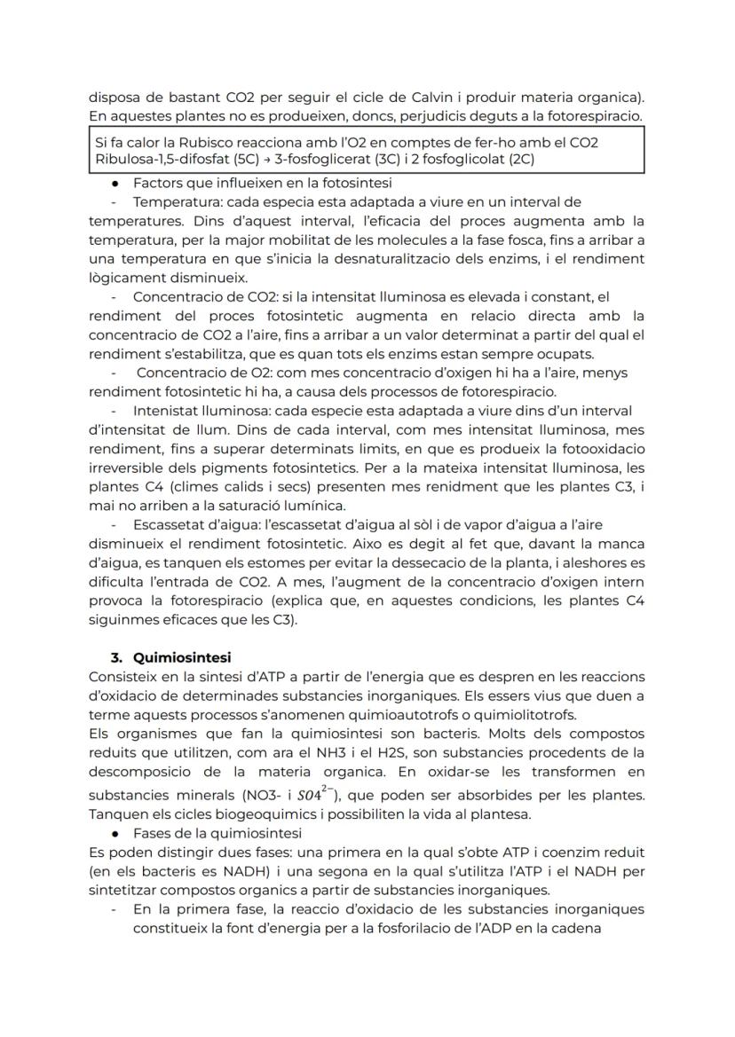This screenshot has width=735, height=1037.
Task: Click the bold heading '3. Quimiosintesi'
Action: click(170, 657)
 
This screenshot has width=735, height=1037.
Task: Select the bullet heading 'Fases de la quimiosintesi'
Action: click(217, 833)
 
